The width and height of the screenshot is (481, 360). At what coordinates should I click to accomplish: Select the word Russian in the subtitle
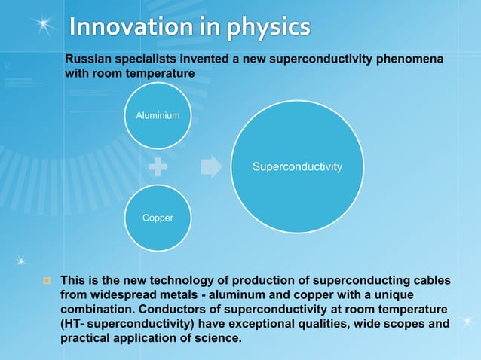click(89, 59)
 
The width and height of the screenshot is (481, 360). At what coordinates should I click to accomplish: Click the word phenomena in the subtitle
click(411, 59)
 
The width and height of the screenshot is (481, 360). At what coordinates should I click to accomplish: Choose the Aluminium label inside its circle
click(158, 116)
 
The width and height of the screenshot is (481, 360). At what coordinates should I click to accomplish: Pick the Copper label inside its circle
click(158, 218)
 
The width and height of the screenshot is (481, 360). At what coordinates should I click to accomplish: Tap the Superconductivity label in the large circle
click(297, 166)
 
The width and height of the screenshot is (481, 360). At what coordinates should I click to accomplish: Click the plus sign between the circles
click(157, 166)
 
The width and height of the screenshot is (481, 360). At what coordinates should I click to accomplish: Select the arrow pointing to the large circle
click(211, 166)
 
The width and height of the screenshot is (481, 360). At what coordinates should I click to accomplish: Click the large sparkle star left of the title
click(46, 25)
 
